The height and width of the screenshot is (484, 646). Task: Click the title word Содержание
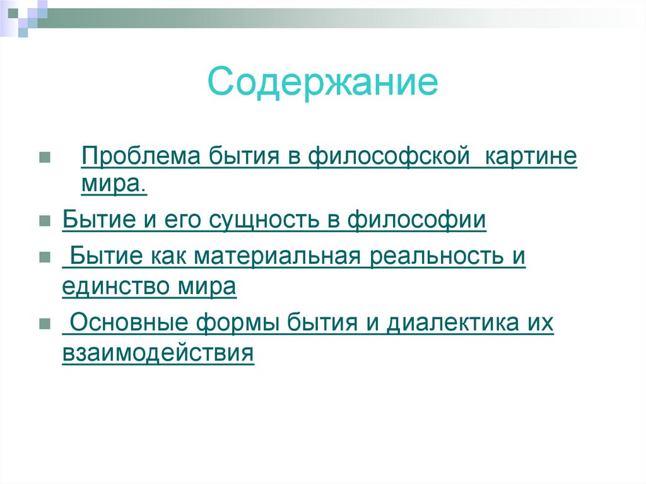(323, 83)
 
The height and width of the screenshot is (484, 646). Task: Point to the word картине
(531, 156)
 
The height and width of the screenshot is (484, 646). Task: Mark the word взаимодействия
(158, 353)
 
